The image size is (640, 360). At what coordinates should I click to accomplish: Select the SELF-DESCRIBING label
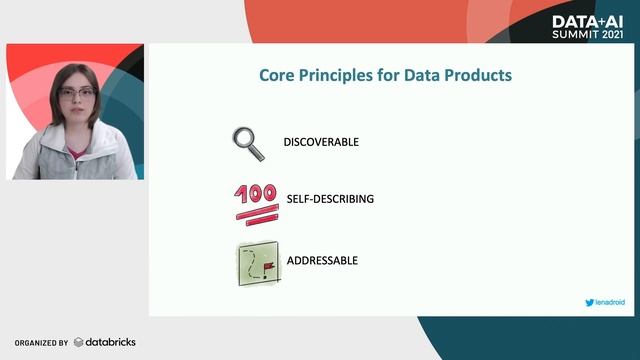330,199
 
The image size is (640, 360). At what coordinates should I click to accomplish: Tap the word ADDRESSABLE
322,261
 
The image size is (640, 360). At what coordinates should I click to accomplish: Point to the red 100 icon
256,200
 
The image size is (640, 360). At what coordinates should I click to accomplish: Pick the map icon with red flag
259,264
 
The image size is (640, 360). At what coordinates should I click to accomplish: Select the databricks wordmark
109,342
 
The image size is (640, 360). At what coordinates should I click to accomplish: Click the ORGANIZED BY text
41,342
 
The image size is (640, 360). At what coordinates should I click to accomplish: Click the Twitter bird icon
589,301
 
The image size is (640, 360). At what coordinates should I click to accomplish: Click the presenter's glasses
75,93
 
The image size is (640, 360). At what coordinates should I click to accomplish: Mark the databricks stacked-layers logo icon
78,342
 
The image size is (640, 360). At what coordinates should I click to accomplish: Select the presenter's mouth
76,116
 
